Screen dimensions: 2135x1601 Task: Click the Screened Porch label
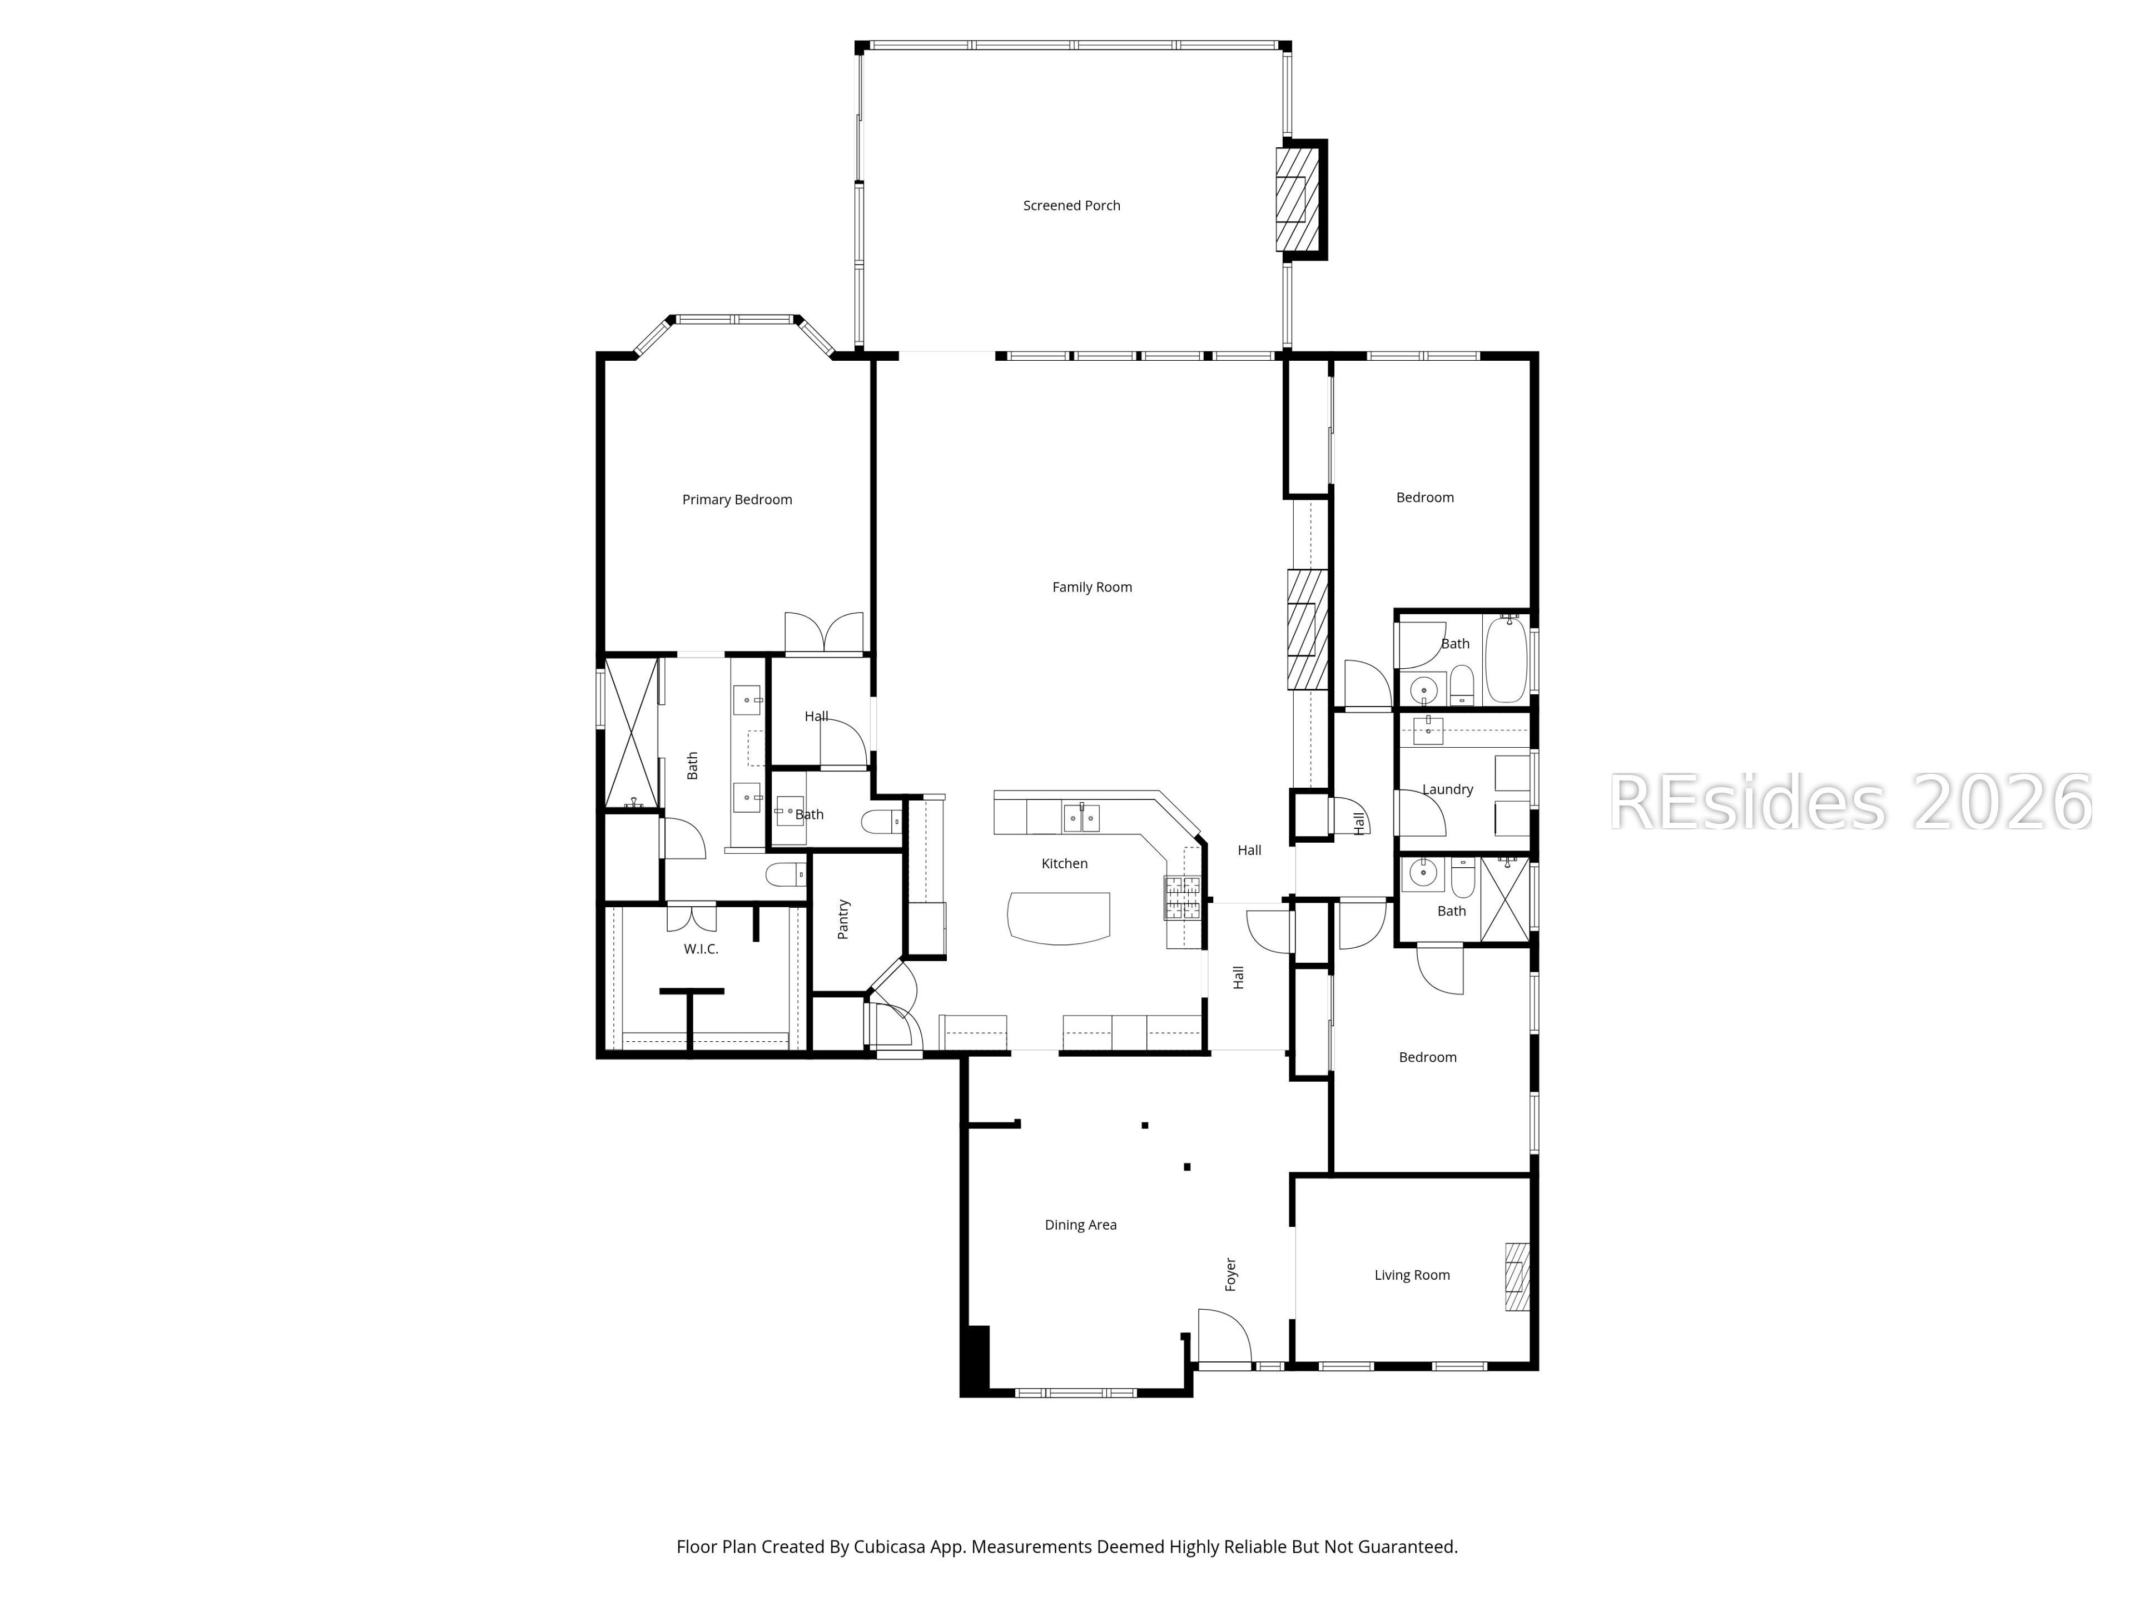(1071, 206)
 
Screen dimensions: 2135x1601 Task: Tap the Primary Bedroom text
(737, 500)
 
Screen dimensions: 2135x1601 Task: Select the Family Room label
(1091, 586)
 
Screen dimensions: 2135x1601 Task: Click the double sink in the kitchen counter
(1081, 817)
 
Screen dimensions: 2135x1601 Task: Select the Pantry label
(843, 919)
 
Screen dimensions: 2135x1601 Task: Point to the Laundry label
(1447, 789)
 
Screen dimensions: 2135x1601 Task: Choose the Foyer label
(1230, 1274)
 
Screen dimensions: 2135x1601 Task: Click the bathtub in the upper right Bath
(1505, 660)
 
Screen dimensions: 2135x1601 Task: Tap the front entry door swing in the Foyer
(1224, 1336)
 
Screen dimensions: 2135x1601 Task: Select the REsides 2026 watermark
(1849, 802)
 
